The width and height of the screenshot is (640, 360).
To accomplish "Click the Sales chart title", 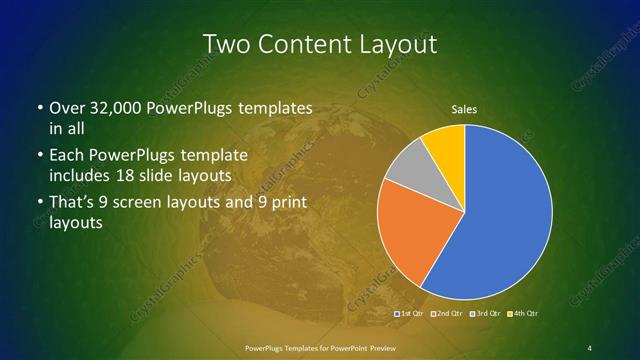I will pos(465,108).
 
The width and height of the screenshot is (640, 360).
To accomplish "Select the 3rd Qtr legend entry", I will pos(485,315).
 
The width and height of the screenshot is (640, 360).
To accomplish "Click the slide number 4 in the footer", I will pos(589,347).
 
